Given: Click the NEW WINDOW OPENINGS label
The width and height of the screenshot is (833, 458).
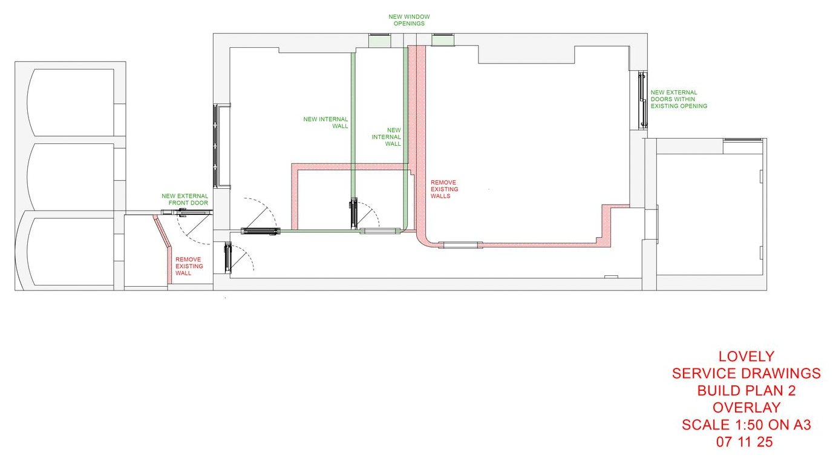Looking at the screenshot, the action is [x=409, y=20].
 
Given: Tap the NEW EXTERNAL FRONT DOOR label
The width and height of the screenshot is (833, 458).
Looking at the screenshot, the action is [x=185, y=200].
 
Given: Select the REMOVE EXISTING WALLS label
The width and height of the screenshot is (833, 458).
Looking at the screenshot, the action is [x=445, y=189].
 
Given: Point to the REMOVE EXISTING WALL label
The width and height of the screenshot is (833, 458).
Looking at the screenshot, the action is [x=189, y=266].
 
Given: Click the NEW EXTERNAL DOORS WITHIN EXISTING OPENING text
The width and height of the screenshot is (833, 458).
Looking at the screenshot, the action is [x=679, y=99].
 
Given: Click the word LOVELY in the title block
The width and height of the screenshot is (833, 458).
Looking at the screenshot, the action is [x=746, y=356].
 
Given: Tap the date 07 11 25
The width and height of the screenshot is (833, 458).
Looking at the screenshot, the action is [x=746, y=442].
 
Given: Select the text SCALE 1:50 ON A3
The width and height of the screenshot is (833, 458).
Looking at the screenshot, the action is [x=746, y=425].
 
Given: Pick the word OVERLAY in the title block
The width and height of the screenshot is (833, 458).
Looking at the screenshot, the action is [x=746, y=408].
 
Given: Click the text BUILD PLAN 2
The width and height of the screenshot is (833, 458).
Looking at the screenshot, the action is [x=746, y=391].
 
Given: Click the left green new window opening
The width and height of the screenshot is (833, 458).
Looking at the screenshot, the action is [x=379, y=40].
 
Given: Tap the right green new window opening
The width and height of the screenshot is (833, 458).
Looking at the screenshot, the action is [x=443, y=40].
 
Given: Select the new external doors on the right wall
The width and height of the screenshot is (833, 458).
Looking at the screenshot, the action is [x=642, y=100].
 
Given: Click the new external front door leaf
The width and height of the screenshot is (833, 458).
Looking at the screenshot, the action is [x=186, y=212].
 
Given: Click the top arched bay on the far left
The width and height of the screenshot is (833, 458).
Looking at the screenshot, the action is [x=71, y=102].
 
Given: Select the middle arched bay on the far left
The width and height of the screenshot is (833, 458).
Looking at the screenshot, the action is [x=71, y=177].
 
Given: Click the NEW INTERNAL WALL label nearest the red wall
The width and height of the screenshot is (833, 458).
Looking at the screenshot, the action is [x=387, y=137].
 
